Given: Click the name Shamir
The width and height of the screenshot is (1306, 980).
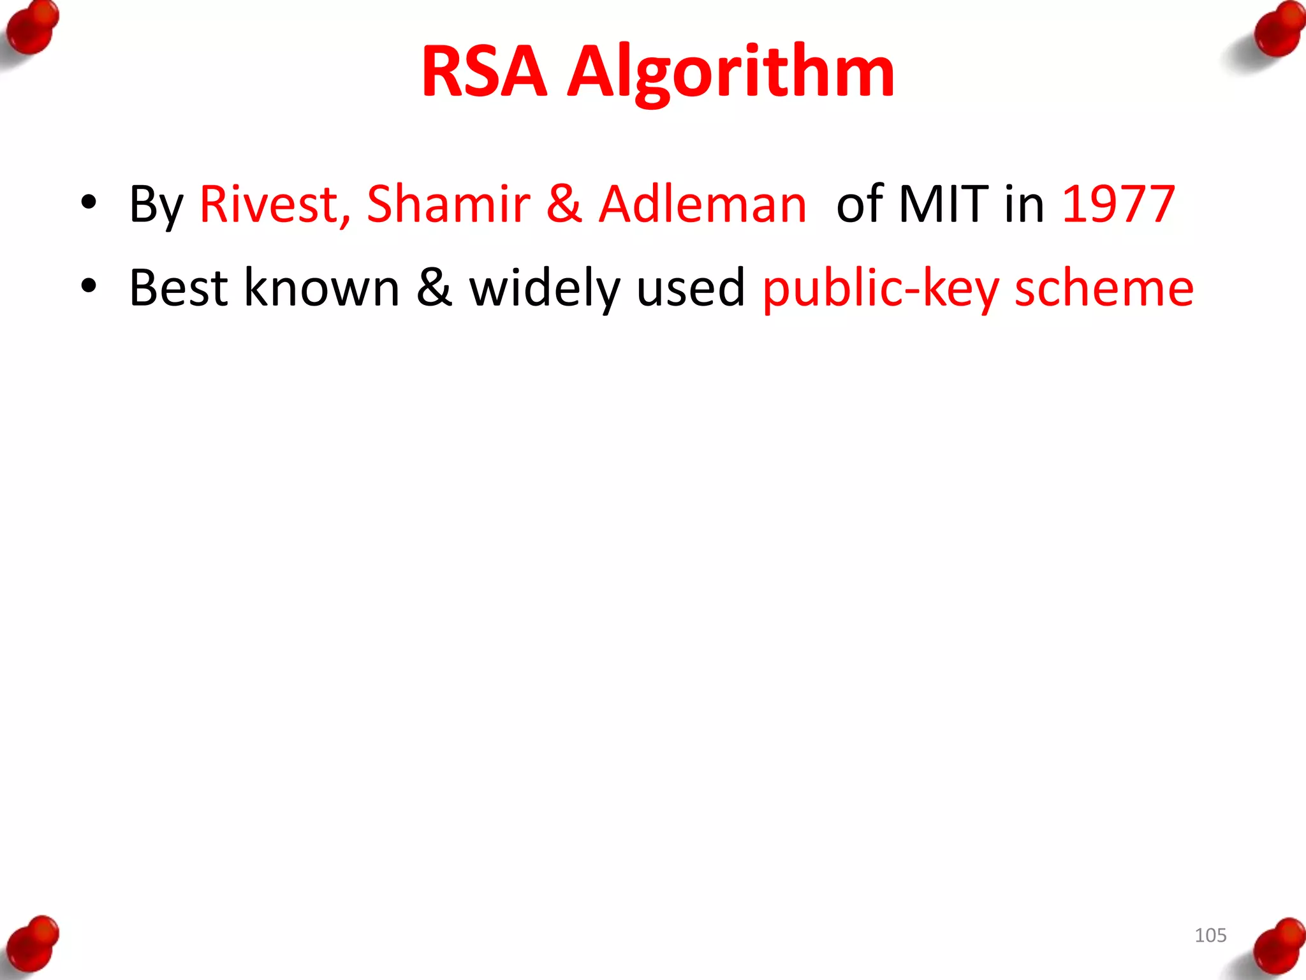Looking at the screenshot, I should pos(448,204).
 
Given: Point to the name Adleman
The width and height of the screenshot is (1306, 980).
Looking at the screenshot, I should pos(703,204).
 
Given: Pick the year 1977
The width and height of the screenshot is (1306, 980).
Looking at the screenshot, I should pos(1119,204).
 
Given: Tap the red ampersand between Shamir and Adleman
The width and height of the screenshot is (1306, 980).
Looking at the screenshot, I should pos(564,204).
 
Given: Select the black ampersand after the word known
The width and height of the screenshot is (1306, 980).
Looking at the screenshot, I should pos(434,288).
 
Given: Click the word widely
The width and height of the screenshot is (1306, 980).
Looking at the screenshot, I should pos(545,288).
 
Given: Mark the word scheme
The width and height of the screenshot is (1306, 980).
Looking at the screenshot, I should pos(1104,288).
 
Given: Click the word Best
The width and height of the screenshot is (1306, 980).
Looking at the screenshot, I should pos(179,288).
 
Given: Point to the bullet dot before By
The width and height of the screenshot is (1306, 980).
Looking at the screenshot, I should pos(89,203).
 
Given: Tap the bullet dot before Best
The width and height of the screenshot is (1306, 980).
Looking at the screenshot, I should pos(89,286).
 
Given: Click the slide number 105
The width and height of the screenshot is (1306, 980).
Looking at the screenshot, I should pos(1210,935).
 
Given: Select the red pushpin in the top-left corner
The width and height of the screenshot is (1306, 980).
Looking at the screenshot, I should pos(32,29).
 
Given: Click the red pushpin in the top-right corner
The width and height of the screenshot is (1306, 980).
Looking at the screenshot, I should pos(1277,32).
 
